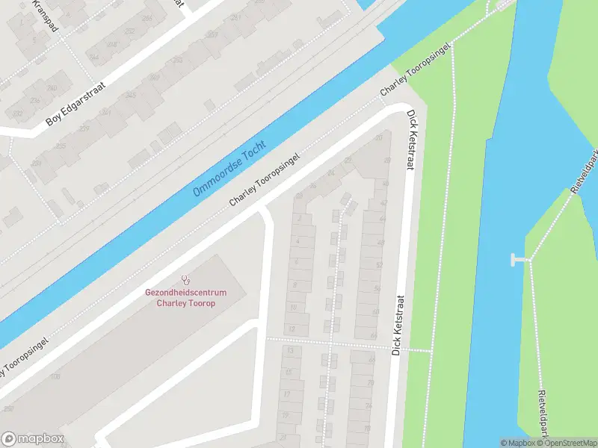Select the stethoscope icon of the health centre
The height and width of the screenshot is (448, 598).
click(x=185, y=282)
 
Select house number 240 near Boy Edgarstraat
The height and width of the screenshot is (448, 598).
click(x=52, y=87)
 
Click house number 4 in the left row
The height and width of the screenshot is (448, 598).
click(x=298, y=241)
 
